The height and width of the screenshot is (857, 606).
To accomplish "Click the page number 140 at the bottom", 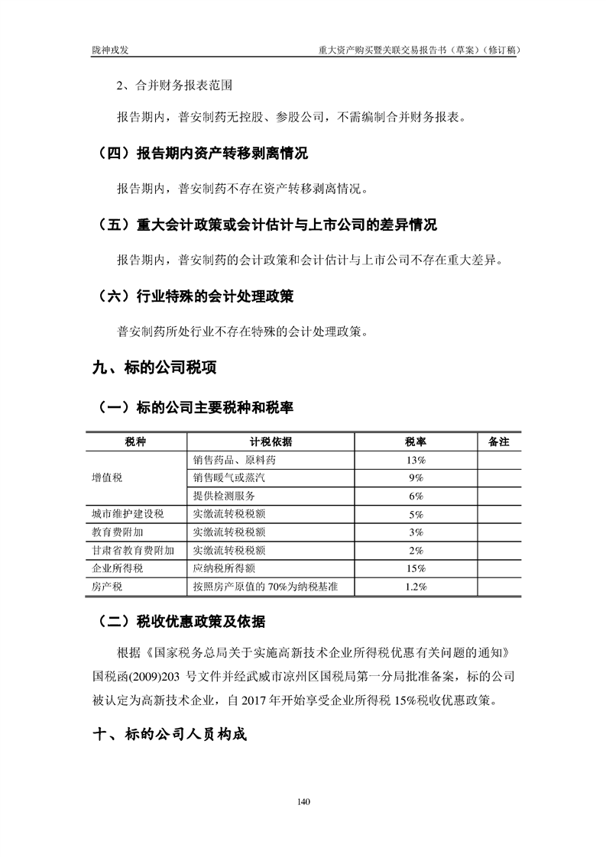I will (303, 801).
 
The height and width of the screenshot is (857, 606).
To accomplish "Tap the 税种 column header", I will (135, 442).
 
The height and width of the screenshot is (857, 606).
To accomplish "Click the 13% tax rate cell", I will (416, 460).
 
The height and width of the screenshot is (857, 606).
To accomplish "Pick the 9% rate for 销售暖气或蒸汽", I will (416, 477).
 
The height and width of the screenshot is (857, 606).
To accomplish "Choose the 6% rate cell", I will (416, 496).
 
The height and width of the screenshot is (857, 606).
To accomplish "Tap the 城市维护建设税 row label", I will (128, 514).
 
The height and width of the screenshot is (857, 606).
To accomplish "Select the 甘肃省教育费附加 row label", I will (133, 550).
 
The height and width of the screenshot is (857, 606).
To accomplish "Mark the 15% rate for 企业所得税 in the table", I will (416, 568).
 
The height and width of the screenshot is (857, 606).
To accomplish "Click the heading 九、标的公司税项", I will (154, 368).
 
